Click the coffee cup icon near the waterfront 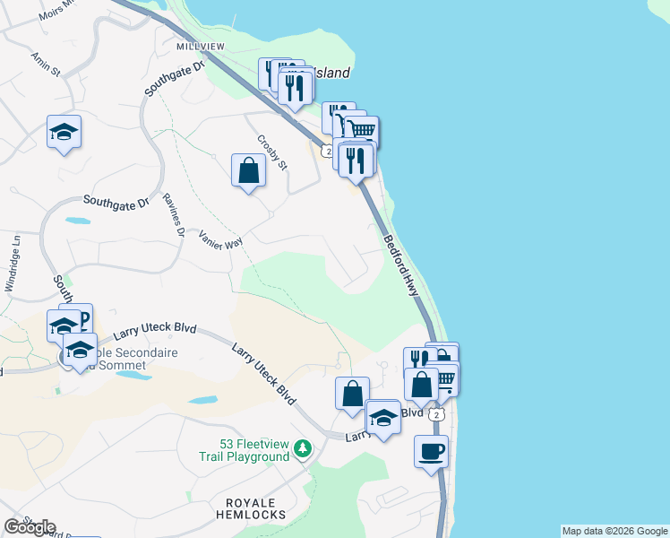[431, 449]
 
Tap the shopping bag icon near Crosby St [248, 169]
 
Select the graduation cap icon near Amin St [64, 131]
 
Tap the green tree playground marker [304, 447]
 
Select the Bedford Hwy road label [405, 268]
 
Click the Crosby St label [271, 152]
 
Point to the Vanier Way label [221, 239]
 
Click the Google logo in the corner [30, 527]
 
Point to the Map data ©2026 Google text [615, 531]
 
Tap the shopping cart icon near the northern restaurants [362, 131]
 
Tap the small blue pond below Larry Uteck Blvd [203, 400]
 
